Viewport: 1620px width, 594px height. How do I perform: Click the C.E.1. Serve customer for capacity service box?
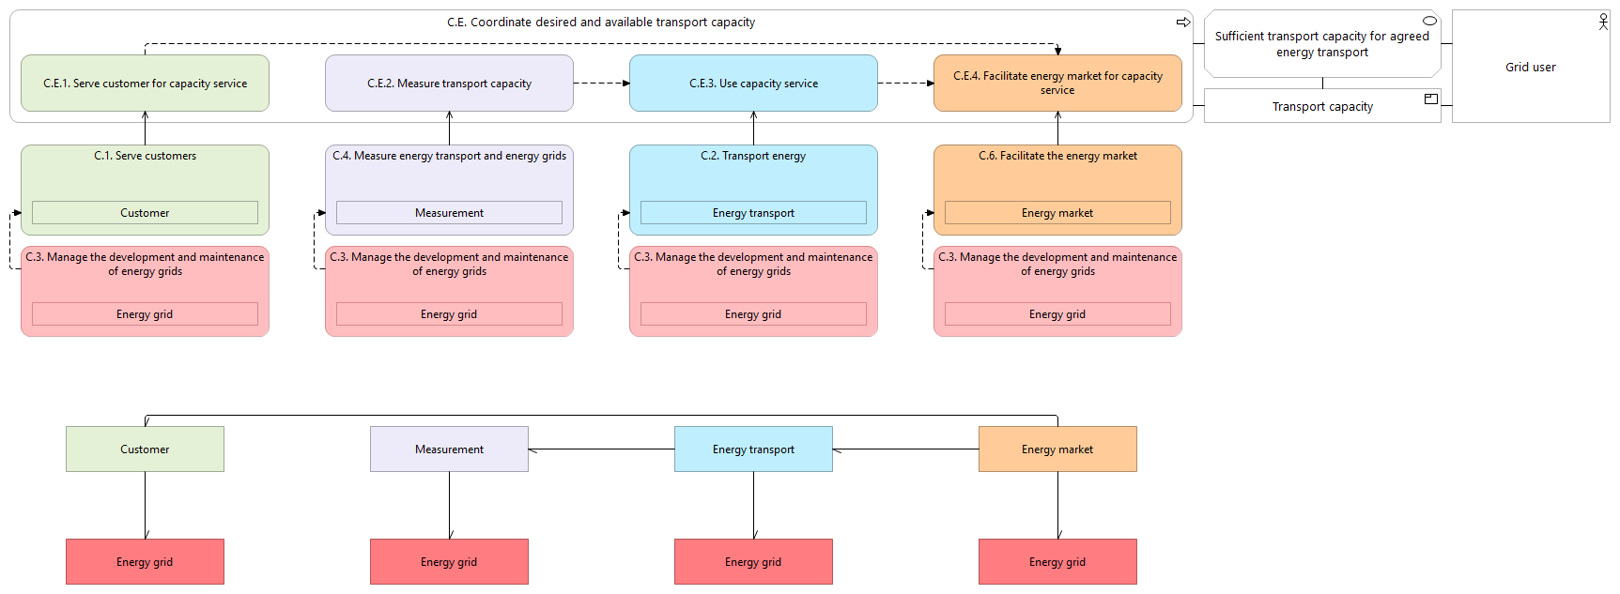[x=145, y=84]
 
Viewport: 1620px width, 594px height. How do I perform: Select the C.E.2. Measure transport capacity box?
[x=449, y=84]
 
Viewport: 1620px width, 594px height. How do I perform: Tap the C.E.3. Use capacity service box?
[x=753, y=84]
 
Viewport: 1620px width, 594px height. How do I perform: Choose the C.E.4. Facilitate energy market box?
[x=1057, y=84]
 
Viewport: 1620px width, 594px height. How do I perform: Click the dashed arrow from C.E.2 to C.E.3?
[x=602, y=84]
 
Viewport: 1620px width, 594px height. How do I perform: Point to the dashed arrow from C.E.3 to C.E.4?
[x=906, y=84]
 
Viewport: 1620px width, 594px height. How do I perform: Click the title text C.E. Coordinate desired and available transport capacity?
[x=601, y=23]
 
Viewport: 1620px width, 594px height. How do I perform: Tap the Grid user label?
[x=1531, y=68]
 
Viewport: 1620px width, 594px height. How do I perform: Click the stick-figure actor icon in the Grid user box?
[x=1603, y=22]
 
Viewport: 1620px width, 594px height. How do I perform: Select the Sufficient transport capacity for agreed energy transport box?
[x=1322, y=43]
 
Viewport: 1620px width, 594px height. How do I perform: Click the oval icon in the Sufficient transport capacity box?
[x=1430, y=21]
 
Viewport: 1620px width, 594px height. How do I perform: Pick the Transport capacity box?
[x=1322, y=106]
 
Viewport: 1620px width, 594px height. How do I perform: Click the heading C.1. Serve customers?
[x=146, y=156]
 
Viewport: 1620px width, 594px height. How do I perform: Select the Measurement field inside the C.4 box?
[x=449, y=213]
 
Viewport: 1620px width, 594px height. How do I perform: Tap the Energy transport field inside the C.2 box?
[x=753, y=213]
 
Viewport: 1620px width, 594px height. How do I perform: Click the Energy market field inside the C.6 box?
[x=1057, y=213]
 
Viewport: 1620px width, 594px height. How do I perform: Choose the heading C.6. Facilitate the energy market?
[x=1057, y=156]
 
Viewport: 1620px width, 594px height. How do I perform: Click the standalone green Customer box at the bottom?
[x=145, y=449]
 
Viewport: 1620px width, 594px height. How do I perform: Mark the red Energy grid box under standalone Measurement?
[x=449, y=562]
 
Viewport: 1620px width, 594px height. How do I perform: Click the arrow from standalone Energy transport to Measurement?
[x=602, y=449]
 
